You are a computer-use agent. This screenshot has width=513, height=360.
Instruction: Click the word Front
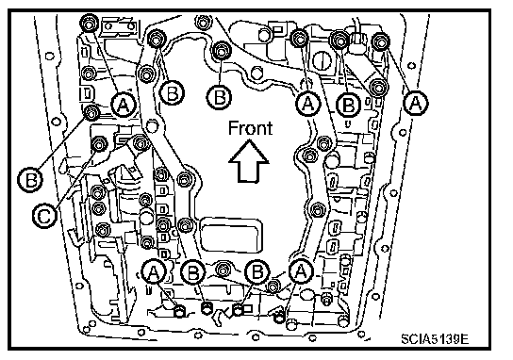[250, 128]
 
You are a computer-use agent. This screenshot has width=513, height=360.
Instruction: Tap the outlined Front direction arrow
[249, 161]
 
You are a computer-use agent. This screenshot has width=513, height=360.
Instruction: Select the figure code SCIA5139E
[435, 338]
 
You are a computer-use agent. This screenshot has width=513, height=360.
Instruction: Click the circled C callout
[45, 215]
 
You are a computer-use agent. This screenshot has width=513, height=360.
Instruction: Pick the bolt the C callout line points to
[140, 143]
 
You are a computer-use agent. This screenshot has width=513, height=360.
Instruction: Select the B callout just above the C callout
[30, 179]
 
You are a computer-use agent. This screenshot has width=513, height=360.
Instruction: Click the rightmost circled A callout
[416, 104]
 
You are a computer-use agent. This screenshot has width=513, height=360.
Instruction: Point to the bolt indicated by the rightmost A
[380, 41]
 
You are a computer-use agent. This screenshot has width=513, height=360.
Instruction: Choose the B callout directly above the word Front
[219, 97]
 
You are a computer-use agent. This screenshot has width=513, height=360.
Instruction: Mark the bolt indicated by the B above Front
[222, 51]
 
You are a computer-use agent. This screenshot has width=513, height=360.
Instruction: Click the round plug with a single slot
[322, 61]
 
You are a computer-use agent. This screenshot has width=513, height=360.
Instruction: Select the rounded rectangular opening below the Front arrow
[231, 235]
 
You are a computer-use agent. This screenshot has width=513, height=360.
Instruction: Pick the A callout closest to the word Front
[307, 104]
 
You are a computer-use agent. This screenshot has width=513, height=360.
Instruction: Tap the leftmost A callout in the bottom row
[154, 271]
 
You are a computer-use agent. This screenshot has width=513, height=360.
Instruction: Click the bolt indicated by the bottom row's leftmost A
[179, 311]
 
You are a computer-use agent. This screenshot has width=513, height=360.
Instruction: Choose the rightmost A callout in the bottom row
[301, 271]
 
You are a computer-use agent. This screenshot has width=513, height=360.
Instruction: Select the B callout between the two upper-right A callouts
[349, 105]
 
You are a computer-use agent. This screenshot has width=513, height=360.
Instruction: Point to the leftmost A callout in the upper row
[123, 105]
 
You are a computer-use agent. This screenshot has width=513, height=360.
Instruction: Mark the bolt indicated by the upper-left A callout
[89, 23]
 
